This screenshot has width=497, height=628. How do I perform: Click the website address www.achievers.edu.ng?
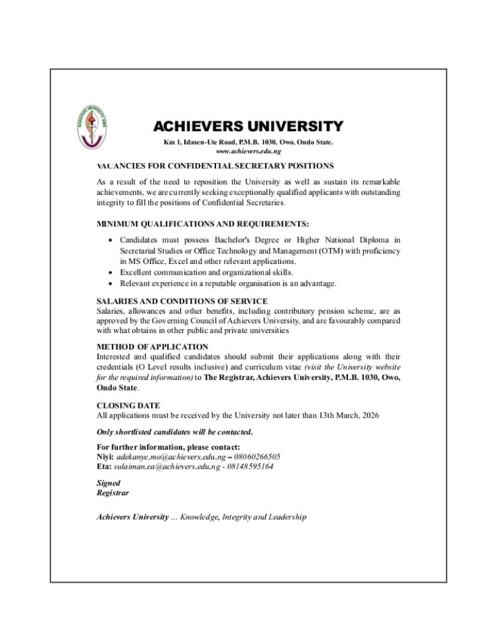coord(248,152)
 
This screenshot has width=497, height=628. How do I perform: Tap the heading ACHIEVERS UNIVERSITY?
coord(248,126)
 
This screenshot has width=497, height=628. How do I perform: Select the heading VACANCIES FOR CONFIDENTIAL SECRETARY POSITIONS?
coord(215,165)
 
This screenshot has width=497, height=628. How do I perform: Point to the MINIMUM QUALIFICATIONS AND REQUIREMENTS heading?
coord(203,223)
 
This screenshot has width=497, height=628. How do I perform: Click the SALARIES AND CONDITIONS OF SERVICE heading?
coord(182,301)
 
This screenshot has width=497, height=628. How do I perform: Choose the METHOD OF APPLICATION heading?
coord(152,346)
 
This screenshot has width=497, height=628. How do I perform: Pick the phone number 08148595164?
coord(250,466)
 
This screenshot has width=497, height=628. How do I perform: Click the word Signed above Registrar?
coord(108,483)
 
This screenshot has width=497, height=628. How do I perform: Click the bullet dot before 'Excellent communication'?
coord(109,273)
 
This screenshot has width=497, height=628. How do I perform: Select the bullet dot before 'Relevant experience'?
coord(109,283)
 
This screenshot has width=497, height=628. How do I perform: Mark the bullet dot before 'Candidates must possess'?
coord(109,239)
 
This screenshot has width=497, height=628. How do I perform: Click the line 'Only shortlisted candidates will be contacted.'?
coord(174,432)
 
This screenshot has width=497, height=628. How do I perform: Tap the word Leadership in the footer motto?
coord(286,517)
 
